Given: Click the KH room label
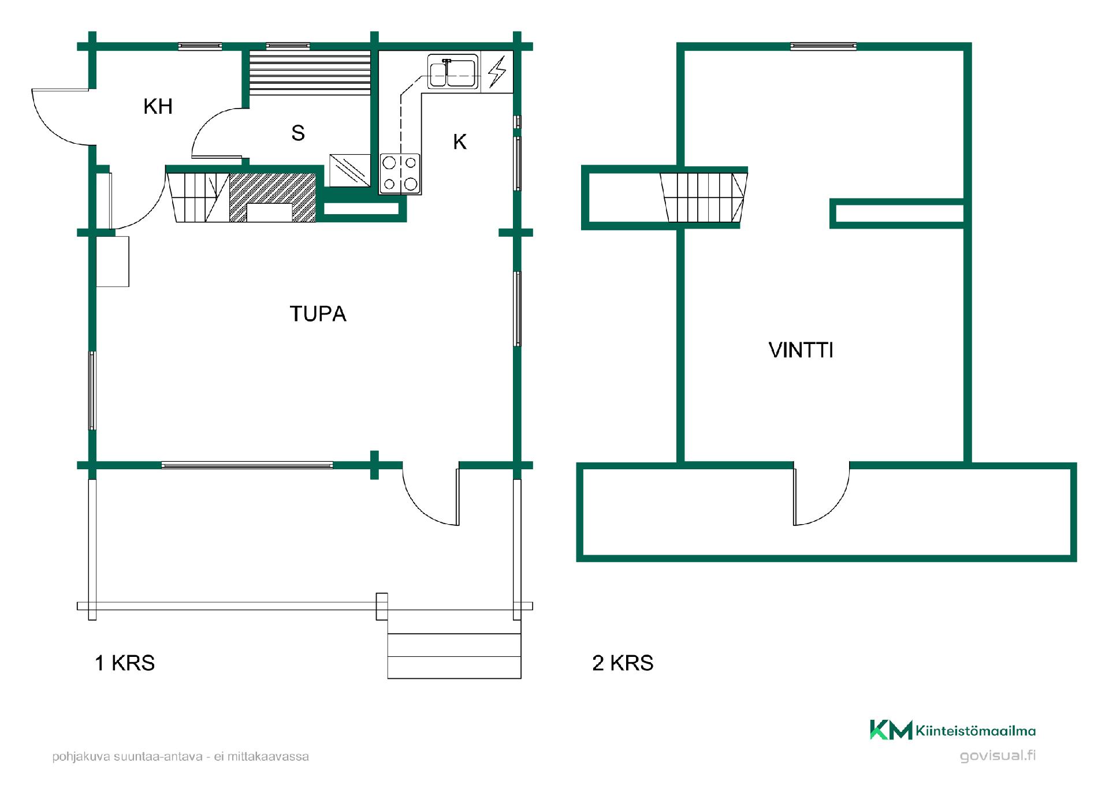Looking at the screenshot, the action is [158, 106].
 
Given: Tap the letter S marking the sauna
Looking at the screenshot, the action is [298, 133].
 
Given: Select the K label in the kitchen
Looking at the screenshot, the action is [460, 141].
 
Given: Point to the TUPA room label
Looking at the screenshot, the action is [318, 313].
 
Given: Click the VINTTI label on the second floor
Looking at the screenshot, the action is [801, 350].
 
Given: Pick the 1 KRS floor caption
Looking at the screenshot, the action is [125, 663].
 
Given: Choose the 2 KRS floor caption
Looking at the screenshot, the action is [623, 663].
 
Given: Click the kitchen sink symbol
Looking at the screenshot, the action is [453, 72].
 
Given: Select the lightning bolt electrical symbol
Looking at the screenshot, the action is [497, 72].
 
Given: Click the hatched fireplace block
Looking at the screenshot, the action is [273, 197].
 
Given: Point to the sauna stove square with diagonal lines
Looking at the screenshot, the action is [349, 170].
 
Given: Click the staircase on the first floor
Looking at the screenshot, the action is [198, 197].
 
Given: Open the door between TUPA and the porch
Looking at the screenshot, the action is [430, 494].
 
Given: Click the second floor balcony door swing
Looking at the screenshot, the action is [821, 494].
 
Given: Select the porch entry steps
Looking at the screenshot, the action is [454, 656].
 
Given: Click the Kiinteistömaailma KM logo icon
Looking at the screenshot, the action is [891, 730].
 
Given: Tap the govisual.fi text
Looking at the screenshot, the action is [998, 756].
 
